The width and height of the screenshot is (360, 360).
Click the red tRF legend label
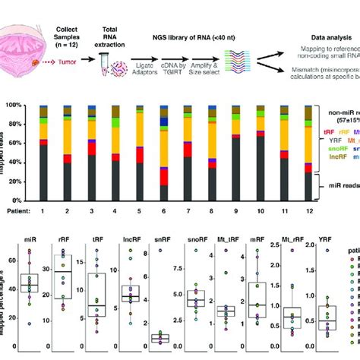(x=328, y=131)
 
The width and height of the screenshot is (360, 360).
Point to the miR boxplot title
(x=30, y=245)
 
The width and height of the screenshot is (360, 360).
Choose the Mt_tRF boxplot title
(x=226, y=245)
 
